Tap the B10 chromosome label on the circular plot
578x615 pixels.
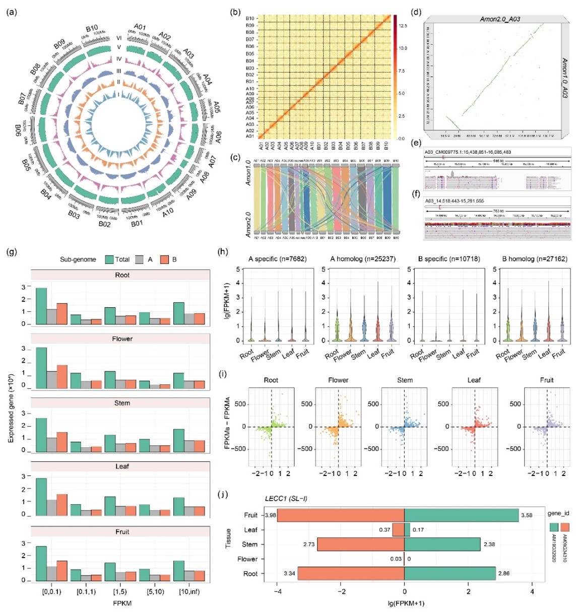pyautogui.click(x=92, y=28)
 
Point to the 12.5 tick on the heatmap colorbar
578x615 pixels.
pyautogui.click(x=403, y=25)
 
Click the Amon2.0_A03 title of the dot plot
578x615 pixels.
pyautogui.click(x=500, y=19)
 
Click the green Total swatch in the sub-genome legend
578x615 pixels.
pyautogui.click(x=108, y=259)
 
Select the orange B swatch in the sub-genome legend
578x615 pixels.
pyautogui.click(x=164, y=259)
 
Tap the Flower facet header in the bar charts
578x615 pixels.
pyautogui.click(x=122, y=339)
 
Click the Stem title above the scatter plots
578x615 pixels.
pyautogui.click(x=405, y=380)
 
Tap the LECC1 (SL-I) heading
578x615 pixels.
pyautogui.click(x=286, y=499)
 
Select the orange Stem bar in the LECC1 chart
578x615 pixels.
pyautogui.click(x=360, y=544)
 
